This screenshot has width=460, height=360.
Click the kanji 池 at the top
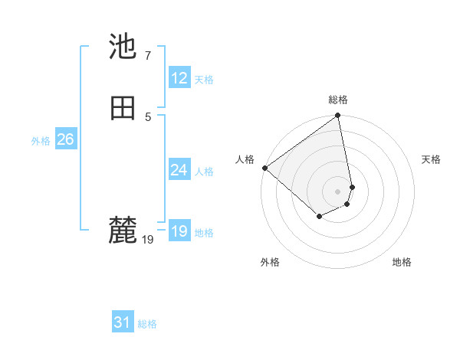pyautogui.click(x=123, y=47)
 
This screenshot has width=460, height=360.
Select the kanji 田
pyautogui.click(x=123, y=108)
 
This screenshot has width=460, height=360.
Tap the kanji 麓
pyautogui.click(x=123, y=230)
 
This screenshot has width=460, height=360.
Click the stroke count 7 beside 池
pyautogui.click(x=147, y=55)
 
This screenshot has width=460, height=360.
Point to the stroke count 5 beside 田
pyautogui.click(x=147, y=116)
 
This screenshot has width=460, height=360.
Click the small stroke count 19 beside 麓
pyautogui.click(x=148, y=240)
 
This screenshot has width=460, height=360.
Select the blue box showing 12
pyautogui.click(x=179, y=78)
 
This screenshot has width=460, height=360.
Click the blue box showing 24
pyautogui.click(x=179, y=170)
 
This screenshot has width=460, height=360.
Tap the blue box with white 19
pyautogui.click(x=179, y=231)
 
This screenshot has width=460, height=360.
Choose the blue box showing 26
pyautogui.click(x=65, y=139)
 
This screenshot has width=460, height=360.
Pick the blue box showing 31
pyautogui.click(x=123, y=323)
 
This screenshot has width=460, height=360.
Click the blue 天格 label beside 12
pyautogui.click(x=204, y=80)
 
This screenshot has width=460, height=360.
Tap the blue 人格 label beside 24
pyautogui.click(x=204, y=172)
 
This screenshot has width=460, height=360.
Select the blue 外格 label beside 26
pyautogui.click(x=41, y=141)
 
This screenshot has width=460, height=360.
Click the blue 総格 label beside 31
pyautogui.click(x=147, y=325)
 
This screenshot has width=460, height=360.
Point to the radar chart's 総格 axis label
pyautogui.click(x=338, y=100)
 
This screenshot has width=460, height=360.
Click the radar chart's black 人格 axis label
pyautogui.click(x=245, y=159)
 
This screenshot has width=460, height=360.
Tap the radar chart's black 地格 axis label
pyautogui.click(x=402, y=262)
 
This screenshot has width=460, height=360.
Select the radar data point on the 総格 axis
pyautogui.click(x=338, y=116)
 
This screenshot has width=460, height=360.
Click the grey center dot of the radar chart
pyautogui.click(x=338, y=191)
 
